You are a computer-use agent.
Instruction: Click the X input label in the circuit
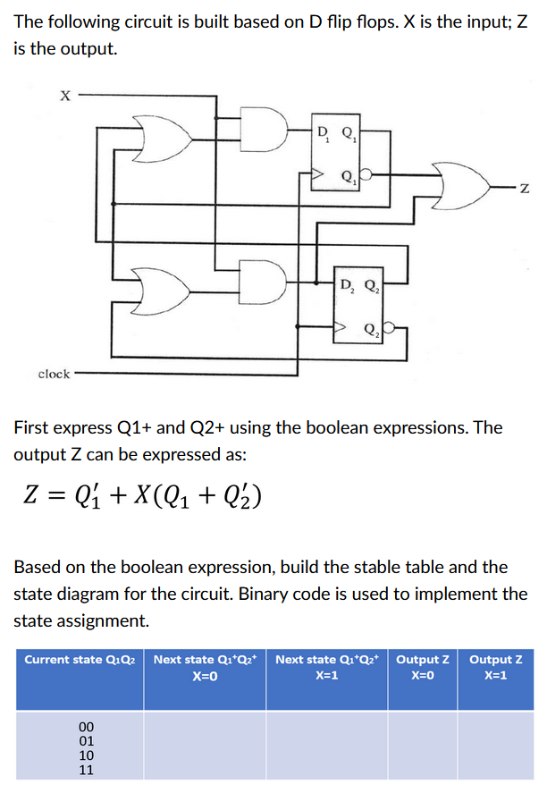(63, 92)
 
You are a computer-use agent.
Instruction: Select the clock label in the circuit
(54, 373)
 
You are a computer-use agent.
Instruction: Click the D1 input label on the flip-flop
(323, 136)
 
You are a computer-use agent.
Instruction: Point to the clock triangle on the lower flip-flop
(340, 329)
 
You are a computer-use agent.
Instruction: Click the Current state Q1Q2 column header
(80, 660)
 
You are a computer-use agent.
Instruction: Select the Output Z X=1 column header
(496, 667)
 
